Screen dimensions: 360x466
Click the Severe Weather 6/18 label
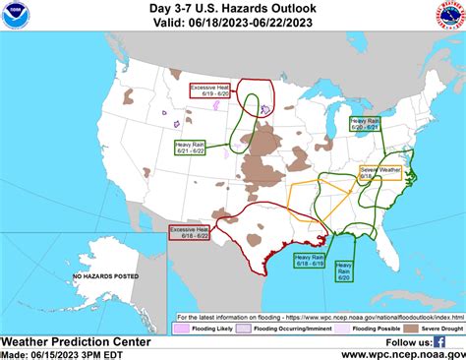pos(381,172)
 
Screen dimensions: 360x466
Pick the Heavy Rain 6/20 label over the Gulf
pos(345,270)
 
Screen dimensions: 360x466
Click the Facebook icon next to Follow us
pos(437,340)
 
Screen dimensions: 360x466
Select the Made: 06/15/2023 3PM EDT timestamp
pos(62,354)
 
